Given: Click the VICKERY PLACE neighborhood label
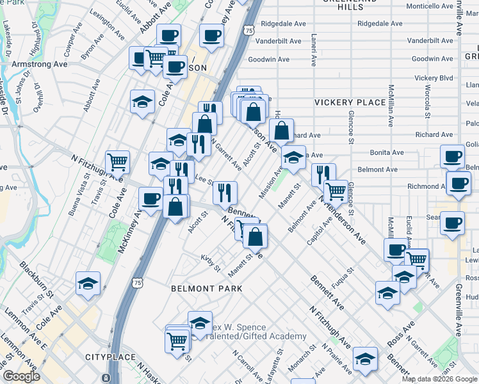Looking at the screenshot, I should (350, 102).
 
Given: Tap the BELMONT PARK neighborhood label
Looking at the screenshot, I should (206, 289).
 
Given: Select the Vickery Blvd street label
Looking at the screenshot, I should (434, 78).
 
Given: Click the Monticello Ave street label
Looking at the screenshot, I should (430, 6).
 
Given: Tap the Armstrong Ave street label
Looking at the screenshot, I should (29, 64).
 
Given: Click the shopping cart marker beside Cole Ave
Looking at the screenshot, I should (117, 163).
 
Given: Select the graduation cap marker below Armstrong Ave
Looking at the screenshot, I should (142, 101).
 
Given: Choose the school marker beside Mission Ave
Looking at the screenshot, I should (293, 157).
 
